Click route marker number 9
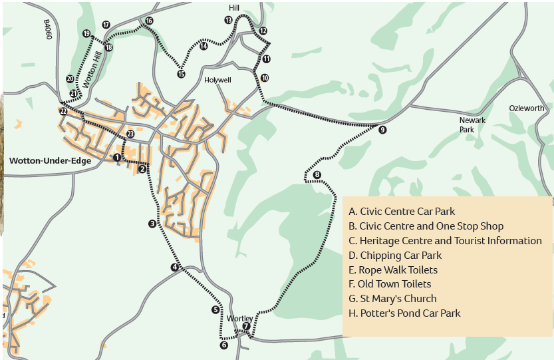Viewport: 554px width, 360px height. [x=382, y=130]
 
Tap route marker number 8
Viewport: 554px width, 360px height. [x=317, y=175]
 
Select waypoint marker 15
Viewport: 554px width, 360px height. [x=181, y=74]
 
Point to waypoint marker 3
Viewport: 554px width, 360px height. [x=152, y=224]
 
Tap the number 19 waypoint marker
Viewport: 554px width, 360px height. [x=86, y=33]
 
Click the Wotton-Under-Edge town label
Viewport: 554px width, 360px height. [x=50, y=160]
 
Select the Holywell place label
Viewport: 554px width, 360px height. [x=217, y=79]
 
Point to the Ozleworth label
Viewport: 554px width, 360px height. [x=526, y=108]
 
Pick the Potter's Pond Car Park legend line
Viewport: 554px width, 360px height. [x=404, y=313]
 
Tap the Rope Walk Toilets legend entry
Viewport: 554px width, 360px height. [x=393, y=270]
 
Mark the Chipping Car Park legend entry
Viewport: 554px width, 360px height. [x=395, y=256]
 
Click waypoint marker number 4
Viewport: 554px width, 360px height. [x=175, y=268]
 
